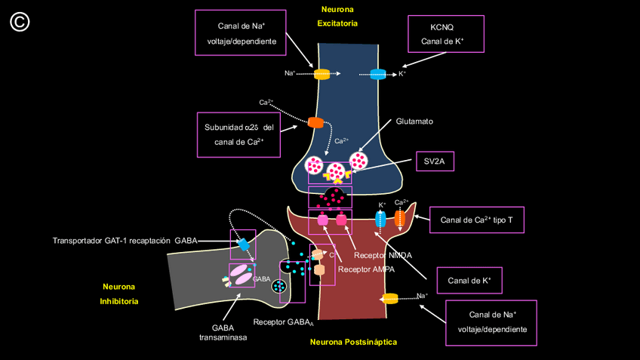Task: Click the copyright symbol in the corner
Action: coord(20,22)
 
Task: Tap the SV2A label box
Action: coord(434,161)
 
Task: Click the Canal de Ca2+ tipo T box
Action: coord(476,220)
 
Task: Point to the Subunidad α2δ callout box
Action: coord(238,134)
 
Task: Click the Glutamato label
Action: coord(414,121)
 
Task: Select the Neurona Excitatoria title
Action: coord(337,16)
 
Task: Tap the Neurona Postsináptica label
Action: coord(353,342)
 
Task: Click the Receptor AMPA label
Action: coord(366,269)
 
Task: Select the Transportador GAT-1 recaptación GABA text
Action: coord(125,241)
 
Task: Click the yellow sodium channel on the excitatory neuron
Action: coord(322,74)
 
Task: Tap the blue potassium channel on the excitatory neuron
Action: coord(378,74)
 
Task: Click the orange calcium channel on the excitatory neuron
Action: coord(315,122)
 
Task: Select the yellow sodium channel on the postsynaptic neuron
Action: coord(390,298)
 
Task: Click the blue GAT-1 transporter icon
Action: coord(244,245)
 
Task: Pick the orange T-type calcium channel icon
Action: coord(400,218)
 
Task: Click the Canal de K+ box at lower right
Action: coord(469,281)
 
